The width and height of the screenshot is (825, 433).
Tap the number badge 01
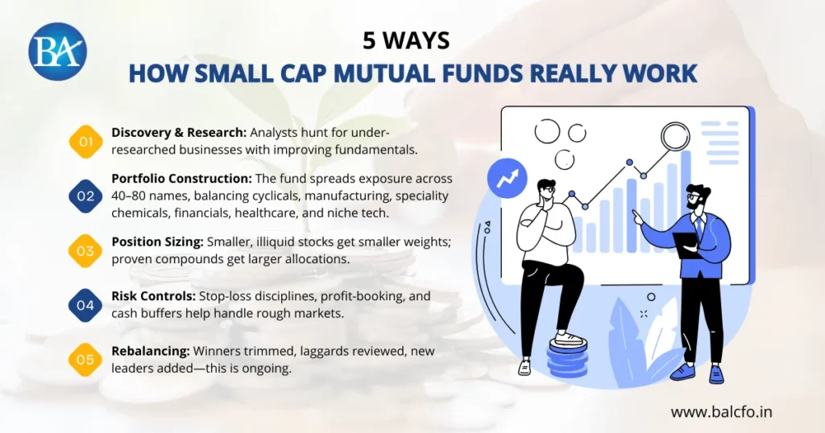point(85,141)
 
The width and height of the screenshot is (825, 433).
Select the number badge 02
point(85,196)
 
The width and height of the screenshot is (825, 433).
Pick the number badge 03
point(85,250)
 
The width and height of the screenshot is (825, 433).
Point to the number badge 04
point(85,305)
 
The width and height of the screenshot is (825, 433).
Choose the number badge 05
point(85,360)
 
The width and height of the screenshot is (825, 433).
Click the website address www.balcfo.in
point(722,411)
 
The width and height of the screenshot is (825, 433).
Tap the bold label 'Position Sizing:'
point(157,241)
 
